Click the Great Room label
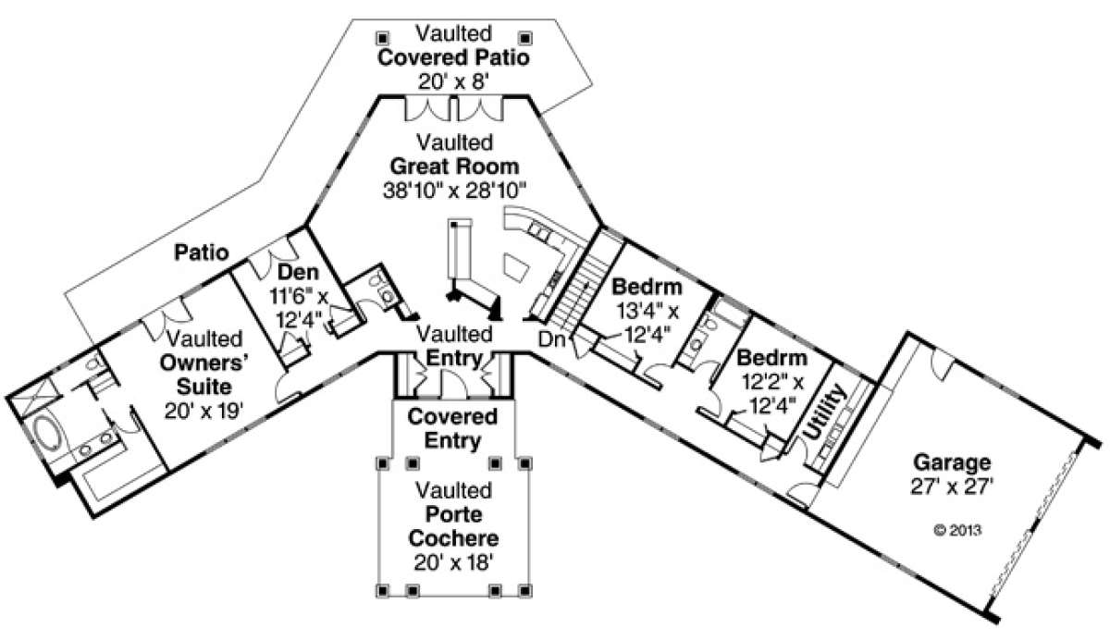tap(453, 167)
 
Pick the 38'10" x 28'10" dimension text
tap(453, 191)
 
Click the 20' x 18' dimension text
tap(453, 560)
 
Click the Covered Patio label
tap(453, 58)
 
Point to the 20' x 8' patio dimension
tap(453, 81)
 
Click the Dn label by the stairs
tap(554, 338)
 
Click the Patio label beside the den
tap(202, 252)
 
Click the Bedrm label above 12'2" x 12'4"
tap(771, 357)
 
